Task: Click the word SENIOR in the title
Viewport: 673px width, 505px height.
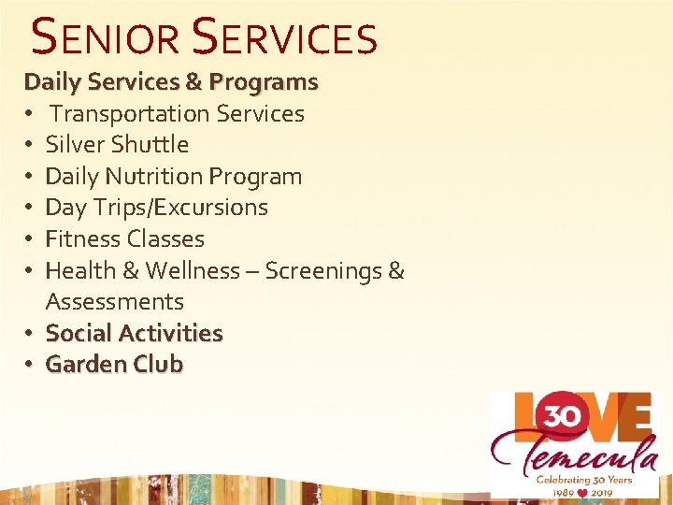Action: [x=105, y=38]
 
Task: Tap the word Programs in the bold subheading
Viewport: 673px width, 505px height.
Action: [x=264, y=82]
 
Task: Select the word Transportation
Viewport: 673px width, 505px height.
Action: [x=130, y=114]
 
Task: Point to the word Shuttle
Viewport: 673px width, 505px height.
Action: [x=150, y=145]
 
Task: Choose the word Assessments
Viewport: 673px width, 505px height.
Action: [x=115, y=302]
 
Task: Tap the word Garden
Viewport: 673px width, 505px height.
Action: [x=85, y=365]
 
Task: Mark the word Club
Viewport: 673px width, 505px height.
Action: [x=157, y=365]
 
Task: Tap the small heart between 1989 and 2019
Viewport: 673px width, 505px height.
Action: [x=584, y=490]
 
